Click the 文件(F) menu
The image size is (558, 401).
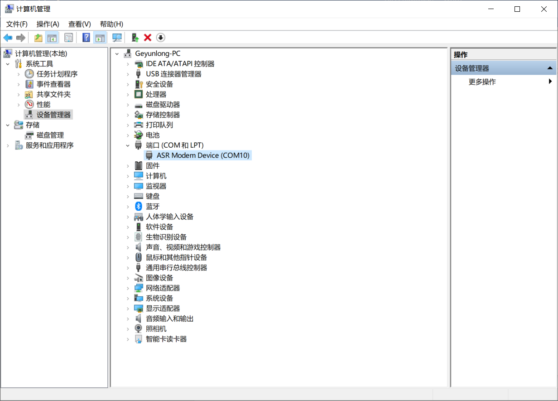[17, 24]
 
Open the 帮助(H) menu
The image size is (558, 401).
[111, 24]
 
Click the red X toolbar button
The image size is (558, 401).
[148, 38]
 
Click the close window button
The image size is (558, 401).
[544, 9]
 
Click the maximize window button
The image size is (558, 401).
[517, 9]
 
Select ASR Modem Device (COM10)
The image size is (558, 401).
[203, 155]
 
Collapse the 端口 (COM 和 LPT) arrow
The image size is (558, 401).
[128, 145]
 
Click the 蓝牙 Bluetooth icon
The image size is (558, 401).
[139, 206]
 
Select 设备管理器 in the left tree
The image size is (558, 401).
[53, 115]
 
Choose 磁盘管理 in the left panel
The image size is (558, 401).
[50, 135]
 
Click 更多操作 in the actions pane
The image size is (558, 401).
[482, 82]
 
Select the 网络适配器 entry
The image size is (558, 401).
[163, 288]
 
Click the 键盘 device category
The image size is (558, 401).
[153, 196]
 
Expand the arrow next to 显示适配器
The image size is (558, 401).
[128, 309]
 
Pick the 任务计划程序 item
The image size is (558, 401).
[57, 74]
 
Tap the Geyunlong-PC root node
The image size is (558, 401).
[158, 53]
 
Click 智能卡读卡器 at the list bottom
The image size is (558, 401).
[166, 339]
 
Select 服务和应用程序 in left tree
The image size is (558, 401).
[49, 145]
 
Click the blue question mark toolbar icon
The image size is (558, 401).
[86, 38]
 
